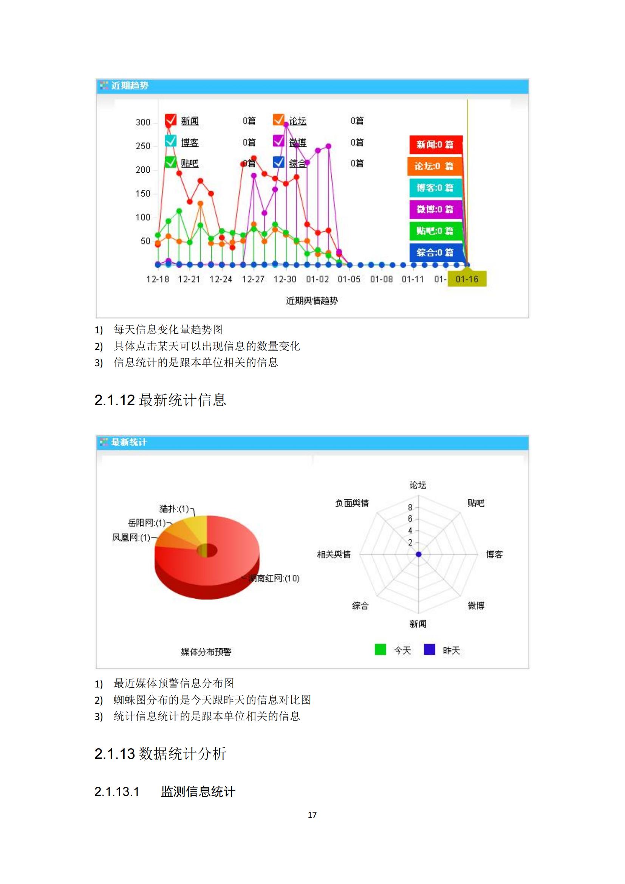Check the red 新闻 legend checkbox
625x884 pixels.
click(170, 120)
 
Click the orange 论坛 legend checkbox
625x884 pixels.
click(278, 120)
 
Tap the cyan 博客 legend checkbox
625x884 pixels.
click(170, 141)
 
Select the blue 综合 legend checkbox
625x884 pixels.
click(278, 162)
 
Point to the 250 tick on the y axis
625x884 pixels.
click(143, 146)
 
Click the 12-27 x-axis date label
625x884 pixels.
click(253, 279)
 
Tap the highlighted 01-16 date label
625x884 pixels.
click(467, 279)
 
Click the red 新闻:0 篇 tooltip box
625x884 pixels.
click(435, 144)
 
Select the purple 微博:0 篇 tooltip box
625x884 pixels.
click(435, 209)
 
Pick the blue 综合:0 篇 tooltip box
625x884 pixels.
click(435, 252)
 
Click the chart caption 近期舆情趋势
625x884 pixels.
click(312, 301)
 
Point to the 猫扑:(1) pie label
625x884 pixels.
click(174, 509)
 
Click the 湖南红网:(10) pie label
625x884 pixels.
click(274, 578)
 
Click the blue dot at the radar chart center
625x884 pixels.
click(419, 554)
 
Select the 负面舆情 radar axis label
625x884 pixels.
click(352, 503)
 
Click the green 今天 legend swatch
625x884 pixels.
click(380, 650)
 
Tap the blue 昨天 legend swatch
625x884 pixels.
click(429, 650)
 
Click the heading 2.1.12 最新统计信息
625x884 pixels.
click(160, 400)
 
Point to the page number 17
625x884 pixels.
click(312, 815)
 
